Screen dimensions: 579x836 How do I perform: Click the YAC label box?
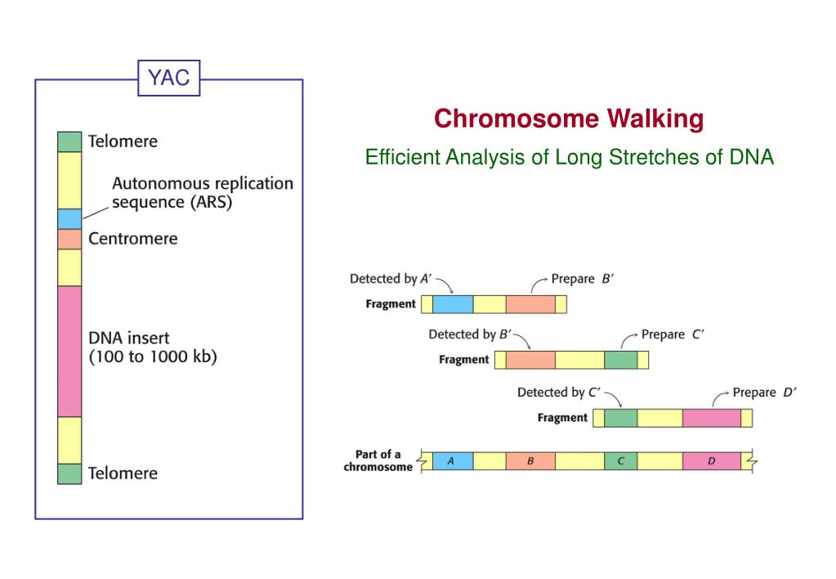tap(168, 78)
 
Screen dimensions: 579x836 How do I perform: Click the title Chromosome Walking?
tap(568, 119)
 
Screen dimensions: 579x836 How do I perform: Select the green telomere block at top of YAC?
tap(69, 141)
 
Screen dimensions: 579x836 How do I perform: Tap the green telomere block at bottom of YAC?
tap(69, 474)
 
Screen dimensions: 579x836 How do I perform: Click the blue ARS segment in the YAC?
tap(69, 218)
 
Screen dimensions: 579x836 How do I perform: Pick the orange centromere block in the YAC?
tap(69, 239)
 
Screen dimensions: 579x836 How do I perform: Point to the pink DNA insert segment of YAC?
tap(69, 351)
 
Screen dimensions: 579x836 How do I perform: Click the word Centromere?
tap(132, 239)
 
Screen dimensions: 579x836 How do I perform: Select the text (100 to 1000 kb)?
tap(152, 357)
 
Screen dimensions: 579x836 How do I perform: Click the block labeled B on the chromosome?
tap(530, 461)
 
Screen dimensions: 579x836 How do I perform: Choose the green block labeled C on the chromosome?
tap(620, 461)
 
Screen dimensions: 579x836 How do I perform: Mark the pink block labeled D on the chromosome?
tap(711, 461)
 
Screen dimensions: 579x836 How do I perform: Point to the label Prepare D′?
tap(764, 393)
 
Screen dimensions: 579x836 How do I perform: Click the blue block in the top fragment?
tap(453, 304)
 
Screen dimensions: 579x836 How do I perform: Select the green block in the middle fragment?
tap(620, 360)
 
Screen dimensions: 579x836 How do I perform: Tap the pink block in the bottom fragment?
tap(711, 418)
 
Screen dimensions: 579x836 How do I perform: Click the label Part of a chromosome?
tap(378, 461)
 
